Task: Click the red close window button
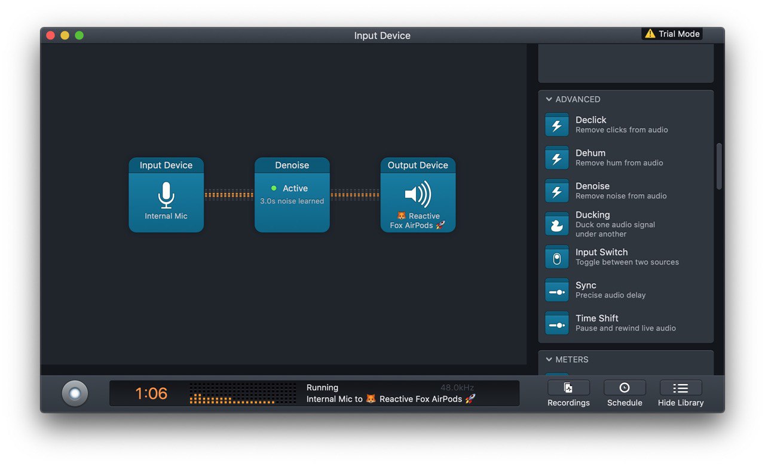51,35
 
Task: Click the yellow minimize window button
65,35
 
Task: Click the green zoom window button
79,35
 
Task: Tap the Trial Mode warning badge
672,34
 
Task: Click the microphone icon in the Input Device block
166,195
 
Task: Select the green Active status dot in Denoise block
274,188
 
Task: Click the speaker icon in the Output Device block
418,194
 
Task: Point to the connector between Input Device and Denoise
229,195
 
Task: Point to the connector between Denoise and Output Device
355,195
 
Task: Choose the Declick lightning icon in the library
556,125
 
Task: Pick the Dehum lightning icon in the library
556,158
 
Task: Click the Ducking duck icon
556,224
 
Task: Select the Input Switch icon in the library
556,257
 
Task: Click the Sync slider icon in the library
556,290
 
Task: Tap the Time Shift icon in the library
556,323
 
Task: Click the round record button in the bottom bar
75,393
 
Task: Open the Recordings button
568,394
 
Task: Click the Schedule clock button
625,394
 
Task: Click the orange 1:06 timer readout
151,393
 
